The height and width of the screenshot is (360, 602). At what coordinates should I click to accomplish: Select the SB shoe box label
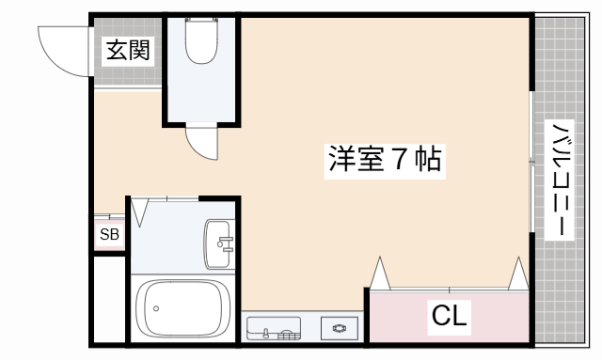tap(109, 235)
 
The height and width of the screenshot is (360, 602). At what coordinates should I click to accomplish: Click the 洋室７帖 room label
tap(385, 160)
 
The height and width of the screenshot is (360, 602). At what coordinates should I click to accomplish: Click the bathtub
tap(183, 307)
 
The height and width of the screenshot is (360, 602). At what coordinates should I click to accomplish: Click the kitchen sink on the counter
tap(273, 329)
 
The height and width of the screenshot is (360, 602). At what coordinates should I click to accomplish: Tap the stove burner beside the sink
tap(338, 328)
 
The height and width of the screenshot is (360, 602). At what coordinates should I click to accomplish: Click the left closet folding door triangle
tap(380, 274)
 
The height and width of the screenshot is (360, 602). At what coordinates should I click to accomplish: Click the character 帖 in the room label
tap(429, 160)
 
